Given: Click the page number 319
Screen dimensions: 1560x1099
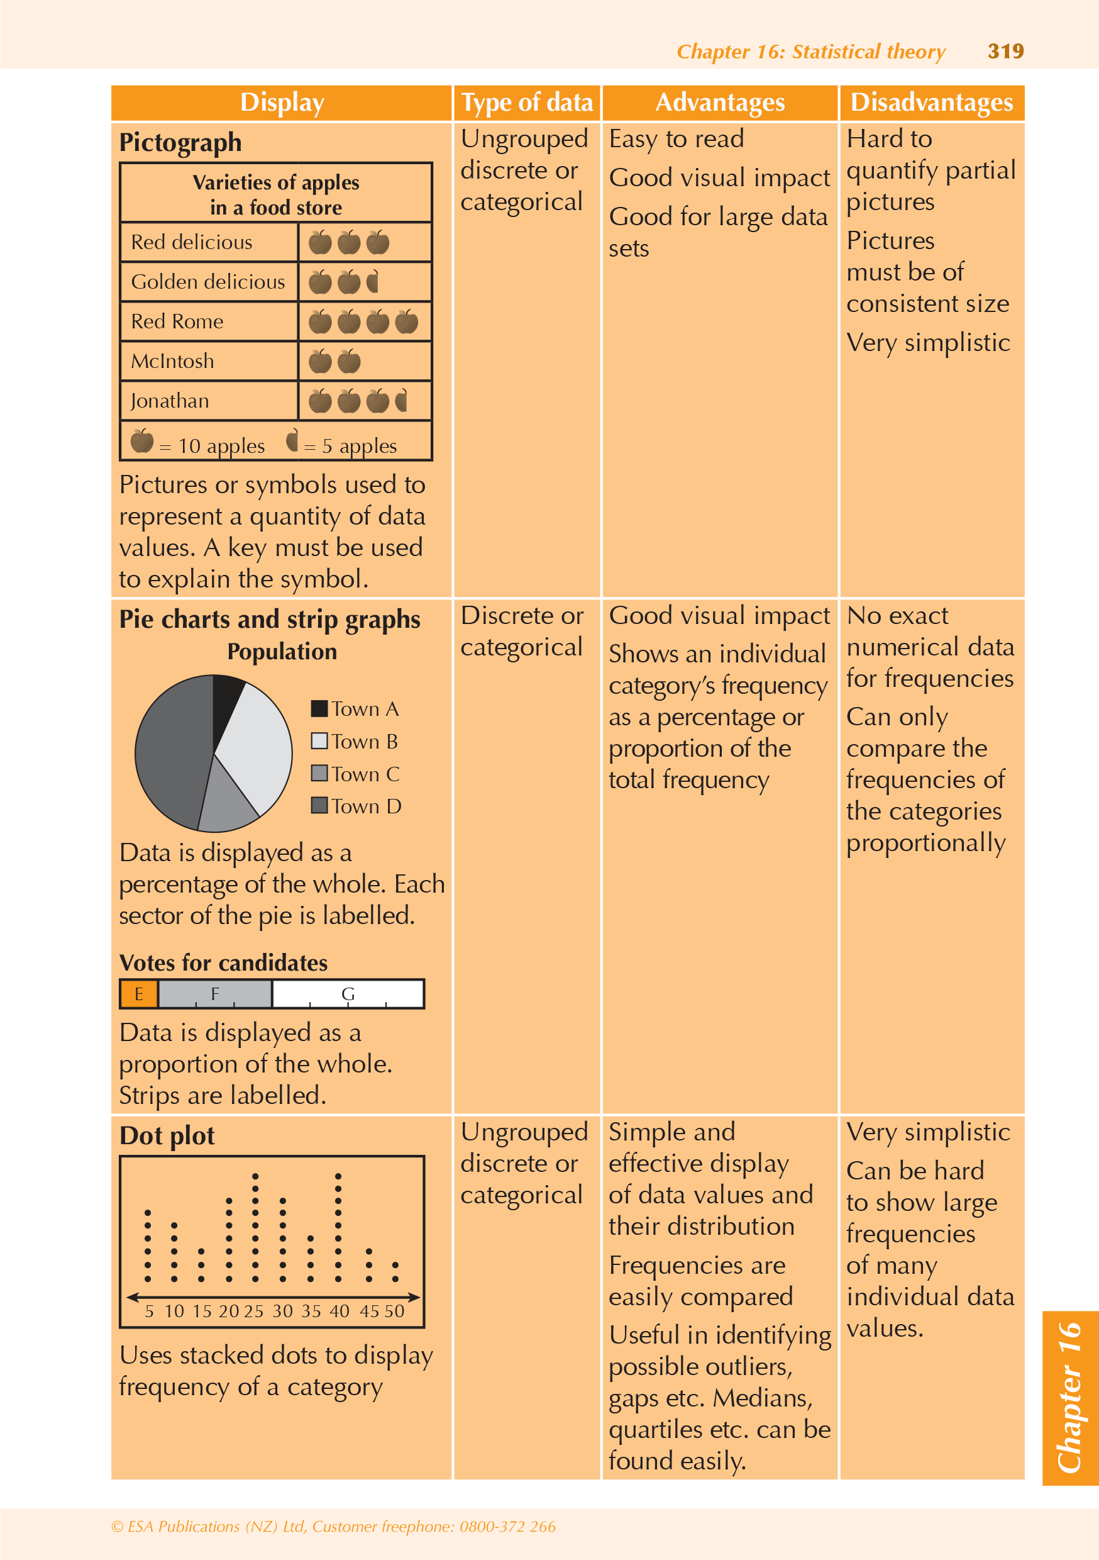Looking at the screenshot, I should click(x=1005, y=51).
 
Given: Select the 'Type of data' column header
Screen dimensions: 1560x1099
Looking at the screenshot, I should click(x=527, y=103).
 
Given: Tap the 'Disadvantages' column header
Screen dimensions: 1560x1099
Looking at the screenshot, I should click(x=931, y=103).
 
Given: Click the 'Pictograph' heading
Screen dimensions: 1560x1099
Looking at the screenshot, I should click(x=180, y=143).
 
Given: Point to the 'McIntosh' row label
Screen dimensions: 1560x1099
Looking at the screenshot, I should click(x=172, y=361).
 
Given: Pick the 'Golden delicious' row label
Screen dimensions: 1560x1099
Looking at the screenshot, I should click(x=208, y=281).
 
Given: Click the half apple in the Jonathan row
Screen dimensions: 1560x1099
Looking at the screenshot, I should click(x=401, y=401).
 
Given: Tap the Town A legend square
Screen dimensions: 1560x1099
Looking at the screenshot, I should click(x=319, y=709).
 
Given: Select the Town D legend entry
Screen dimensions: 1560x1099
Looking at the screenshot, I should click(x=356, y=806).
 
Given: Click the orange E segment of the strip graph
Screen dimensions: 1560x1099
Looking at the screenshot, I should click(x=138, y=994).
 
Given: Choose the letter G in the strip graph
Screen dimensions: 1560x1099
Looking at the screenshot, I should click(x=348, y=994).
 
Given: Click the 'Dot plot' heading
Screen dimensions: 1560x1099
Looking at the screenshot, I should click(x=167, y=1136).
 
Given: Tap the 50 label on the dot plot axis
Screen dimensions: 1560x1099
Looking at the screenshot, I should click(x=395, y=1312).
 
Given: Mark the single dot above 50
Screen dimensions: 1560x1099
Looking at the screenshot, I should click(x=395, y=1279).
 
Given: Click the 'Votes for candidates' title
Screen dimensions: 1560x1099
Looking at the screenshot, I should click(x=223, y=963).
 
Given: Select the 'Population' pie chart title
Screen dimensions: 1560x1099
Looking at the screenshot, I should click(x=282, y=652).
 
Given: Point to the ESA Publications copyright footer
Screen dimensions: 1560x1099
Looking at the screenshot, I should click(x=333, y=1527).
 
